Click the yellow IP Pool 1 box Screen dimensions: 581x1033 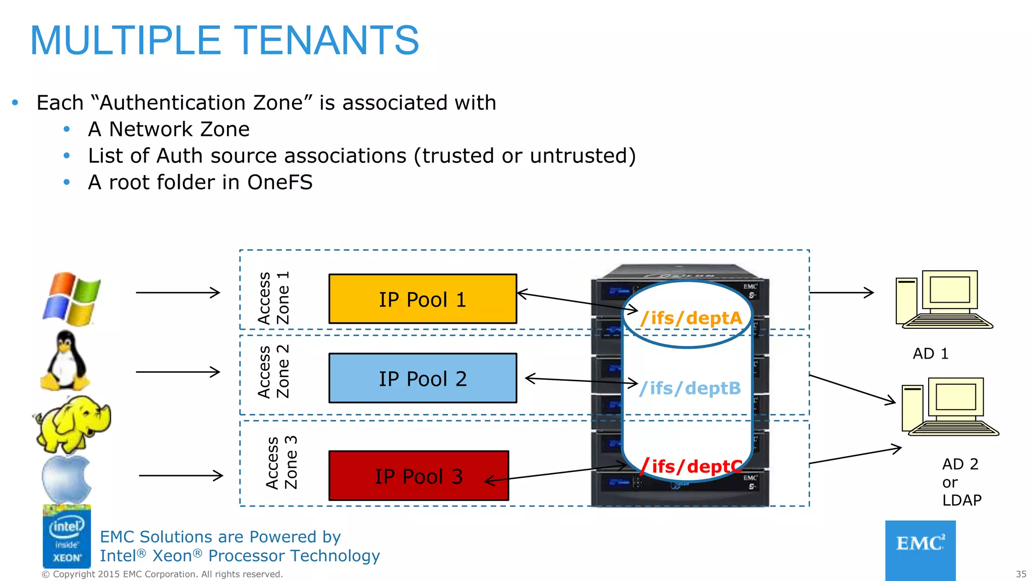[x=422, y=299]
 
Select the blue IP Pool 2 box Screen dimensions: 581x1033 [x=422, y=378]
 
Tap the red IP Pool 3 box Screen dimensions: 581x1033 [x=418, y=476]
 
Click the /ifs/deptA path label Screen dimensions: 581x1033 [x=691, y=318]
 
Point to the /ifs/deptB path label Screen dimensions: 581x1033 [x=690, y=388]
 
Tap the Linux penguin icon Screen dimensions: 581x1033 [x=66, y=361]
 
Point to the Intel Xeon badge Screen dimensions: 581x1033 [x=67, y=537]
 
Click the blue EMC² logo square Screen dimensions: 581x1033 [x=920, y=550]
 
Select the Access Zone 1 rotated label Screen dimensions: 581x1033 [x=273, y=298]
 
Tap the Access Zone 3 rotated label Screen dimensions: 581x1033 [x=281, y=463]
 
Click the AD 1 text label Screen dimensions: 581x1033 [x=931, y=354]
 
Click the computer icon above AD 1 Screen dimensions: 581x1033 [x=943, y=300]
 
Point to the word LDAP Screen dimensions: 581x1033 [x=961, y=500]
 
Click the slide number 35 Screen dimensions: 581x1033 [x=1020, y=574]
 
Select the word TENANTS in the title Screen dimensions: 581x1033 [x=326, y=40]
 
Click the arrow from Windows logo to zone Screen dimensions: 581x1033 [x=178, y=293]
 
